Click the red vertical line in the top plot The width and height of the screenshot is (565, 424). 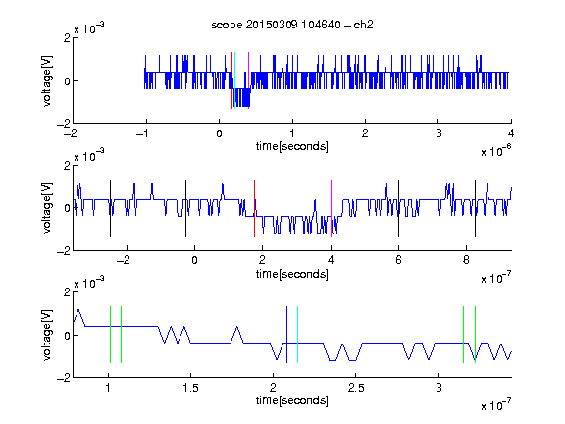231,80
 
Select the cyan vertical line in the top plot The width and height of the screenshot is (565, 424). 234,80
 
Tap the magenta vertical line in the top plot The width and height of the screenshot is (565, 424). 248,80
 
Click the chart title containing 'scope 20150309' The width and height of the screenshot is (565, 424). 292,25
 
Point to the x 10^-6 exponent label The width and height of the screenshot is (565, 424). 496,151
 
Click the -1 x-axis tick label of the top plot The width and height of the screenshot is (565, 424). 142,133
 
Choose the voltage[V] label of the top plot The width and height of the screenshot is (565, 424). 47,81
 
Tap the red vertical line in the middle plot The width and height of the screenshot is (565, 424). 254,208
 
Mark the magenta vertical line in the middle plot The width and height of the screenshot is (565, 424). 331,208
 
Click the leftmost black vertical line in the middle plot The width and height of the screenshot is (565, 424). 110,208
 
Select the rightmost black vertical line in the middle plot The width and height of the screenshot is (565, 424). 475,208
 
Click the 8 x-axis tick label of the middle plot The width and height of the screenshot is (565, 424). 466,260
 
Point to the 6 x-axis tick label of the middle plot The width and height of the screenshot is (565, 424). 398,260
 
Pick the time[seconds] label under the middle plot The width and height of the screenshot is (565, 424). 292,275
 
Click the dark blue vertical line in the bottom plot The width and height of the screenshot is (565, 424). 286,335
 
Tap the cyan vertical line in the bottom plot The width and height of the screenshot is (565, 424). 297,335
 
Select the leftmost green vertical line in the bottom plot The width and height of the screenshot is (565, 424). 110,335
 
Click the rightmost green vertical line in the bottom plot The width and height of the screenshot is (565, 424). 476,335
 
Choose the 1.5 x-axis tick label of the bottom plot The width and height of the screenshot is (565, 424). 190,388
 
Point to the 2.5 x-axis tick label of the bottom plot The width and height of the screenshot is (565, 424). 356,388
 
